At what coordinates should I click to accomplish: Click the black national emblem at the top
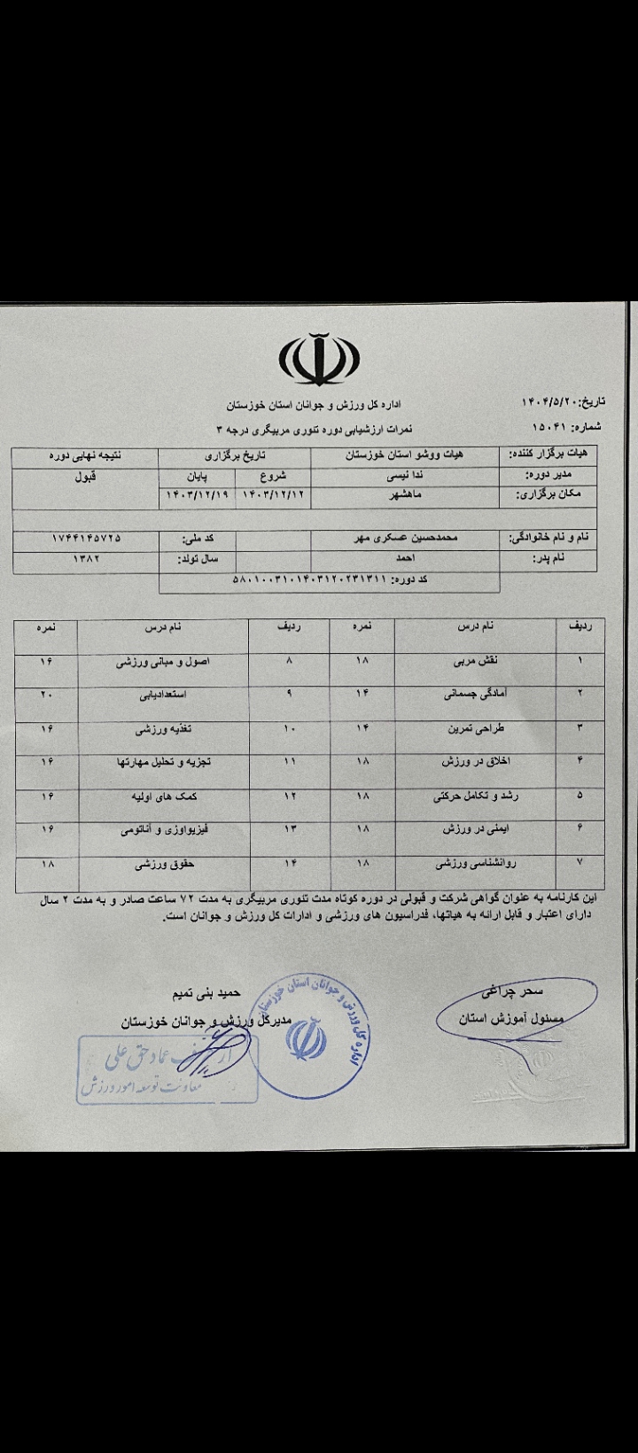319,358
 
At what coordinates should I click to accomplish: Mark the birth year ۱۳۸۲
87,559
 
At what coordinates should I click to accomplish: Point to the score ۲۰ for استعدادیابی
46,695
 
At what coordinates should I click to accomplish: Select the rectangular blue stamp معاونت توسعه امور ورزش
167,1069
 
